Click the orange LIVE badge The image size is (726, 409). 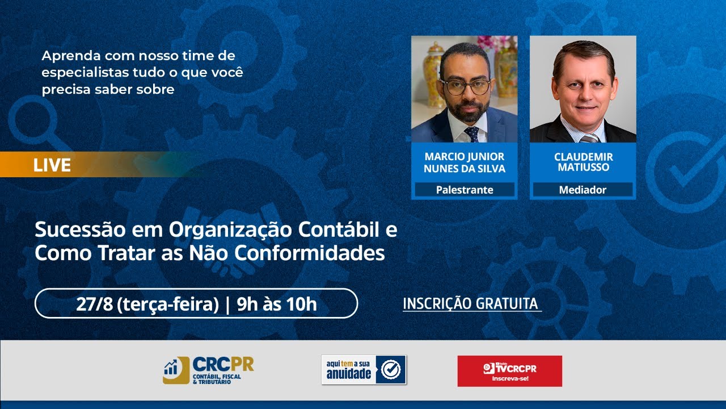click(52, 165)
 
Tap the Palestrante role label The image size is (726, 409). click(465, 190)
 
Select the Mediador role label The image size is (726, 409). click(583, 190)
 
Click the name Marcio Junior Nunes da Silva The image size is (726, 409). click(464, 162)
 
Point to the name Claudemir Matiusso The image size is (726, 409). click(583, 162)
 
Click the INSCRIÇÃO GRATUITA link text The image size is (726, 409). click(470, 303)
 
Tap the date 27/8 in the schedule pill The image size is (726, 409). click(94, 304)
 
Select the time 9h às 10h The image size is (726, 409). click(276, 304)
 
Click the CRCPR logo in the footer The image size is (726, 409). click(208, 370)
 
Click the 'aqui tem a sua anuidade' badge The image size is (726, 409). click(364, 370)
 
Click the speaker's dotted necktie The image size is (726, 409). click(471, 134)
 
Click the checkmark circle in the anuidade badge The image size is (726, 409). click(391, 370)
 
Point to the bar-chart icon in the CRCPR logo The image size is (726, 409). click(171, 368)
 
